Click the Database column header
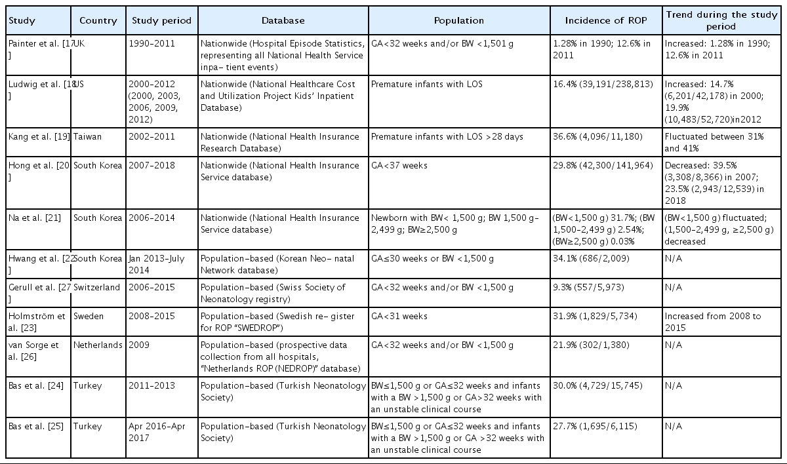pos(283,20)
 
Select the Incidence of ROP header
pos(606,20)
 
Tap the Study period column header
pos(161,20)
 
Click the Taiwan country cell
pos(87,136)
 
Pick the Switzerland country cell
pos(96,287)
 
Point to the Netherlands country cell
pos(98,345)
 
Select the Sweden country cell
pos(88,316)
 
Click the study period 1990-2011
pos(151,43)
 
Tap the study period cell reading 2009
pos(139,345)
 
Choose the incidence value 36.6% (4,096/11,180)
pos(597,136)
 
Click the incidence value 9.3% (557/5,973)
pos(588,287)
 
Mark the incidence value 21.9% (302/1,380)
pos(591,345)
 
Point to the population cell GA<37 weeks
pos(399,165)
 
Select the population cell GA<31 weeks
pos(399,316)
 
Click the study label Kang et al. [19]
pos(39,136)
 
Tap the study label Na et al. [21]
pos(34,218)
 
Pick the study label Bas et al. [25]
pos(36,426)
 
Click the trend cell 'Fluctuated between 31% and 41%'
pos(714,142)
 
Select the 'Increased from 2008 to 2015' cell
pos(713,322)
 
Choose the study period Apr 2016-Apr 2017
pos(157,432)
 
